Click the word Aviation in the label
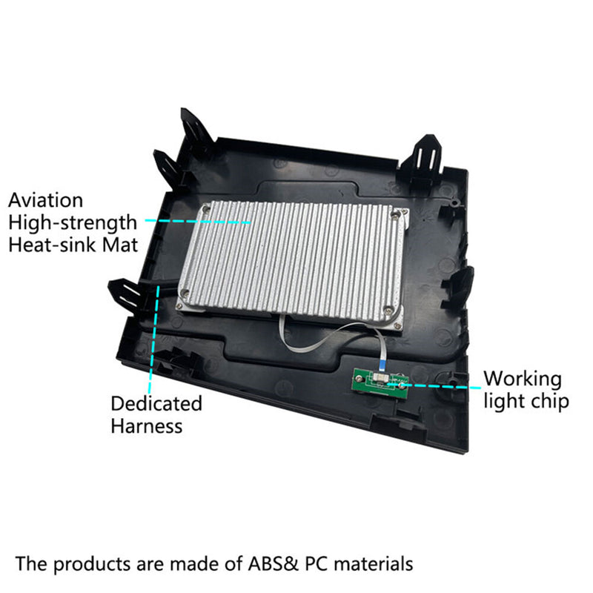pos(45,200)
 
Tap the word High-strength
pos(72,223)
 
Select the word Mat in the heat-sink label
pos(120,245)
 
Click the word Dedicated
pos(156,403)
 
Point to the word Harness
pos(147,425)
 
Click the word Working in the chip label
pos(523,380)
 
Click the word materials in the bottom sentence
pos(374,563)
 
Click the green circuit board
pos(381,382)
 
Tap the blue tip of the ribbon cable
pos(381,365)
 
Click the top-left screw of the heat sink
pos(206,208)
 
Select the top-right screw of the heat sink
pos(396,213)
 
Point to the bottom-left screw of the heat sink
pos(185,292)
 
